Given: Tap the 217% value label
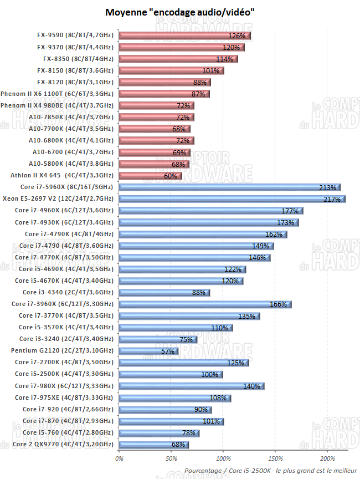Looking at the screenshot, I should coord(332,199).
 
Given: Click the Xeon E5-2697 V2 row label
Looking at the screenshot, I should coord(58,198).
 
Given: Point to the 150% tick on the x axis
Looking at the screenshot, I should coord(275,458).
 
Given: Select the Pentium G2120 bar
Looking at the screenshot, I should coord(148,351).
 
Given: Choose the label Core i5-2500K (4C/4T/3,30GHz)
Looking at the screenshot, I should coord(63,374).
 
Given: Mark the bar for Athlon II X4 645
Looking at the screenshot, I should coord(150,176).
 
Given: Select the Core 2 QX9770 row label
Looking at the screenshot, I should coord(63,444).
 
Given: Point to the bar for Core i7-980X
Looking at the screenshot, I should coord(192,386).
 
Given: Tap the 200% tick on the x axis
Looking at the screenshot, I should coord(327,458).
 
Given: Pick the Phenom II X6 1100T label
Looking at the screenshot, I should coord(58,94).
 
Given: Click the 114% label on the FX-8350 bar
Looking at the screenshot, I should coord(224,59).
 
